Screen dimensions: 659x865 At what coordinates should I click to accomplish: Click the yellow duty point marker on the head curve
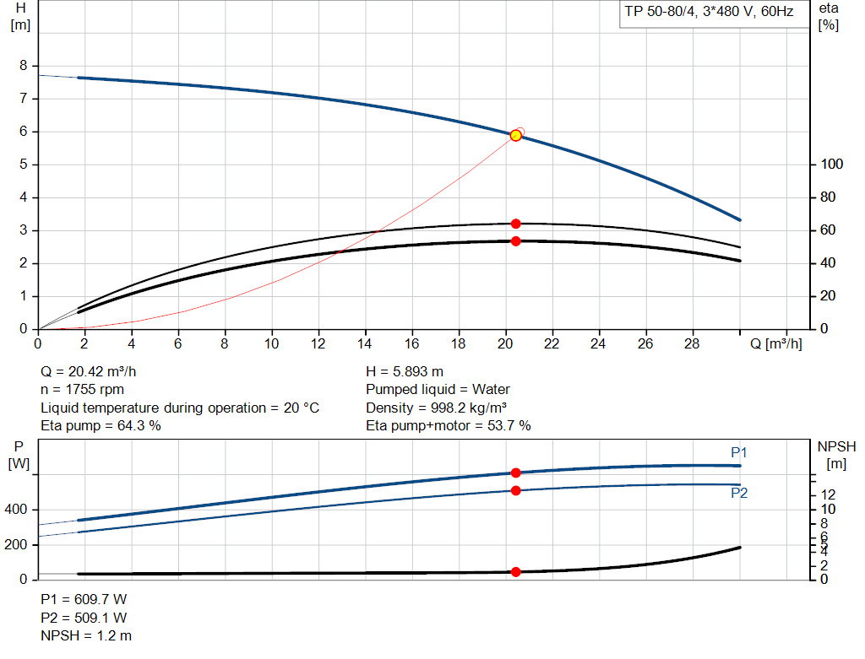tap(515, 136)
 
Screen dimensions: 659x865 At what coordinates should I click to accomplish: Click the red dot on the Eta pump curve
tap(515, 224)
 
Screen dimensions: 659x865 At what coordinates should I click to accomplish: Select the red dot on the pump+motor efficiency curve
tap(515, 241)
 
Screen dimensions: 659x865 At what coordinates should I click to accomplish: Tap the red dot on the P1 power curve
tap(515, 473)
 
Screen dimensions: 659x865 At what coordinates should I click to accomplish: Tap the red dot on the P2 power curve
tap(515, 490)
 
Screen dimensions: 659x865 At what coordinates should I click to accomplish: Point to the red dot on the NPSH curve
tap(515, 572)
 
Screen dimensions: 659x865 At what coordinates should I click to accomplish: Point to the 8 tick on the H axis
tap(24, 66)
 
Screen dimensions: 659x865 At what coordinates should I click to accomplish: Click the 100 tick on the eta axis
tap(832, 165)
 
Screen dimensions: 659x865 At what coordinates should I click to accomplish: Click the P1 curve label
tap(739, 453)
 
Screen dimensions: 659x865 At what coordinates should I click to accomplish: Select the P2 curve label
tap(739, 494)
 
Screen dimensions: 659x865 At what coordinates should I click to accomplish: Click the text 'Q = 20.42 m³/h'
tap(89, 372)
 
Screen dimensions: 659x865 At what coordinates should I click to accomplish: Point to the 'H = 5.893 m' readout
tap(405, 372)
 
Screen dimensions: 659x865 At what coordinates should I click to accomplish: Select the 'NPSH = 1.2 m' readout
tap(86, 635)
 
